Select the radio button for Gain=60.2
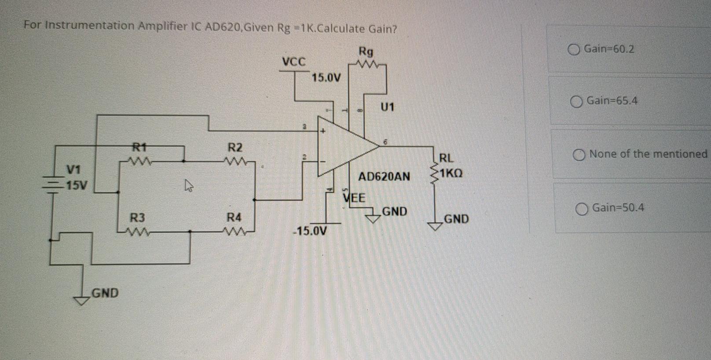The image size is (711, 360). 574,50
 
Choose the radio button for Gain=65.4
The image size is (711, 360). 576,102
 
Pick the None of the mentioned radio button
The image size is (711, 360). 579,155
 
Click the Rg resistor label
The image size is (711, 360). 366,51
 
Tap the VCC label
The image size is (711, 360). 293,62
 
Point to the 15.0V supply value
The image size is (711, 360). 326,78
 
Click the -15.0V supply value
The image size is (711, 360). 310,231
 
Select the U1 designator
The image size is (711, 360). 387,107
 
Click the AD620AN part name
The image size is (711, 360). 384,177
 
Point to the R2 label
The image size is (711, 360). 235,147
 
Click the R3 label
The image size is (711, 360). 137,217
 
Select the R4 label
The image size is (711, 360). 234,217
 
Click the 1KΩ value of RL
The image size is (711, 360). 450,173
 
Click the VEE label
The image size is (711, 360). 354,198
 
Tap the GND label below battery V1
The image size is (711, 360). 105,293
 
